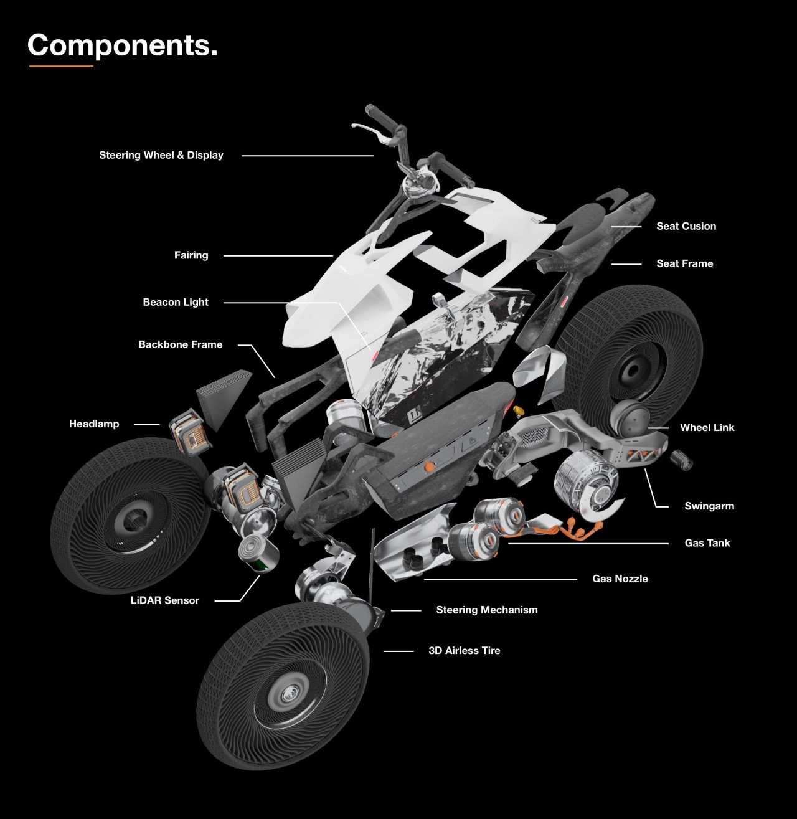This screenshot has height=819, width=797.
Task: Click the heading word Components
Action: click(x=122, y=45)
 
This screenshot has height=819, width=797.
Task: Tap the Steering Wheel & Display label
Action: click(x=161, y=155)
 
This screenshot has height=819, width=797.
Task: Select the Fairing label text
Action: click(x=191, y=255)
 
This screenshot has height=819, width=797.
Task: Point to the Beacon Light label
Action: click(x=176, y=302)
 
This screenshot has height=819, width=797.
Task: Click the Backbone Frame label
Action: click(x=180, y=344)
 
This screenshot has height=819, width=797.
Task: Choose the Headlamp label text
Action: click(x=94, y=424)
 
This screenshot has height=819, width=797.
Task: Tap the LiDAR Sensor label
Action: click(x=164, y=600)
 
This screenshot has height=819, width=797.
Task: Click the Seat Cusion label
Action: click(x=686, y=226)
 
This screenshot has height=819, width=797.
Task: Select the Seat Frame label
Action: click(x=684, y=263)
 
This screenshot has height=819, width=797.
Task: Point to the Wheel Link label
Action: click(x=707, y=427)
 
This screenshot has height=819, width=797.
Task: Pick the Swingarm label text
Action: click(x=709, y=506)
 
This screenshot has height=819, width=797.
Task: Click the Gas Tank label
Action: click(x=707, y=543)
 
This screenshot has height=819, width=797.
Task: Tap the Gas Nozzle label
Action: click(x=620, y=579)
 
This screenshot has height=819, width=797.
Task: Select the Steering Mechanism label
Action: click(x=487, y=610)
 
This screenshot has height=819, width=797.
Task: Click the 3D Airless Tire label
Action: click(x=465, y=650)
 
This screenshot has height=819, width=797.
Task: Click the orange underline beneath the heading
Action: click(x=61, y=65)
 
